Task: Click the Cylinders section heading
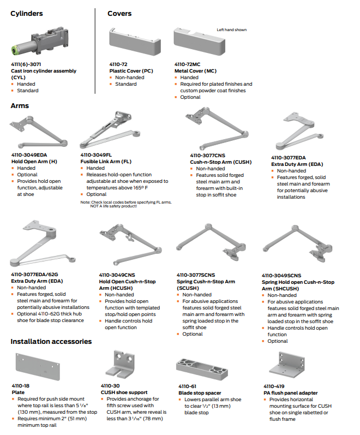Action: (x=27, y=14)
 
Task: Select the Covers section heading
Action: (x=119, y=14)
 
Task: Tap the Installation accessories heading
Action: (x=51, y=342)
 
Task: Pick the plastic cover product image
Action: (x=134, y=44)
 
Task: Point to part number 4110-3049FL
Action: (x=96, y=155)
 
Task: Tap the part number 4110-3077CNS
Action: (x=208, y=155)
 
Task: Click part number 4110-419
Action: (x=273, y=386)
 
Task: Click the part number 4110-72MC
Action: (x=187, y=64)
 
